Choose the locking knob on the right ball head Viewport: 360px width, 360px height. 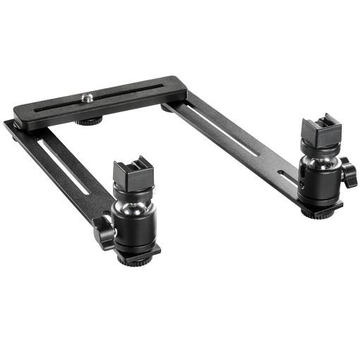(x=348, y=176)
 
